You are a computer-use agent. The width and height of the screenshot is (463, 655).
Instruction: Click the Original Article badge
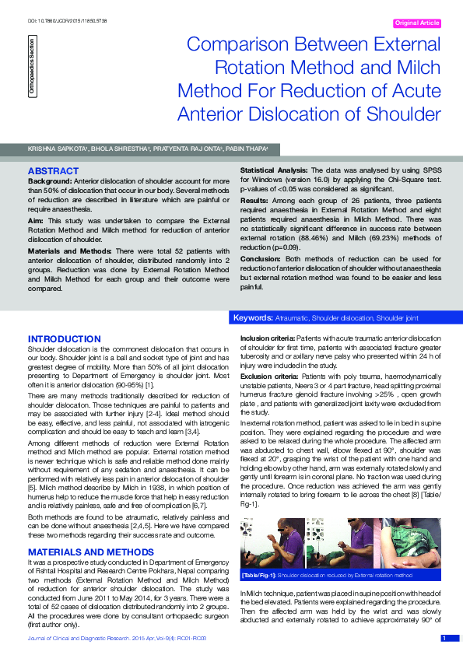418,23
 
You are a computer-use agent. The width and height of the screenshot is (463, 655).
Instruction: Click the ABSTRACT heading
53,170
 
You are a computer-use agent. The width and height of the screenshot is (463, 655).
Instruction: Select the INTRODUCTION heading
65,339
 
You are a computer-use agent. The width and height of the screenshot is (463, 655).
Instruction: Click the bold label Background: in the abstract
50,180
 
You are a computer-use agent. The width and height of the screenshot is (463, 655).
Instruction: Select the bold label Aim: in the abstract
36,222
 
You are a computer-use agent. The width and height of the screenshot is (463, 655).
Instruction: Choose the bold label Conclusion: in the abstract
261,258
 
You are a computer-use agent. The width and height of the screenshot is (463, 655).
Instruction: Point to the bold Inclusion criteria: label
266,338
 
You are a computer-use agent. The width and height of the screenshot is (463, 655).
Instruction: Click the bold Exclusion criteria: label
268,376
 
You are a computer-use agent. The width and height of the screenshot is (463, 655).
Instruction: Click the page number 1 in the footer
444,639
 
